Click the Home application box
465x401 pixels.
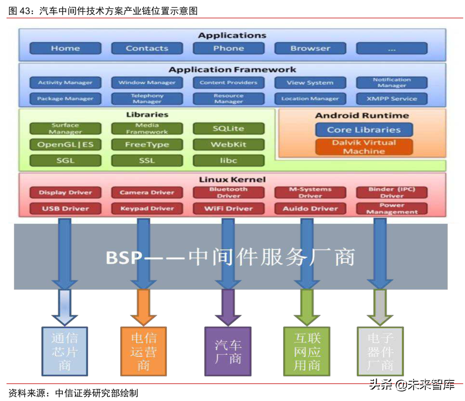tap(65, 48)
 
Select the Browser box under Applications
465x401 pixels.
tap(310, 48)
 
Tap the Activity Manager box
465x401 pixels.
tap(65, 83)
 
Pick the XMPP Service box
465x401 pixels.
tap(392, 99)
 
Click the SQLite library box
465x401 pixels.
tap(228, 128)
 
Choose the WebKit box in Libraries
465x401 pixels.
tap(228, 144)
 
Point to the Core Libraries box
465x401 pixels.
tap(364, 130)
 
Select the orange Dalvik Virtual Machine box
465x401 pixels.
tap(364, 147)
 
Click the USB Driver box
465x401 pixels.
tap(65, 209)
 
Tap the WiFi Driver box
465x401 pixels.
tap(228, 209)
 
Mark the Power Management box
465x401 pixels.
tap(392, 209)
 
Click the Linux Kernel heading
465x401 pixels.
tap(232, 180)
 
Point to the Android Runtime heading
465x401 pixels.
tap(362, 115)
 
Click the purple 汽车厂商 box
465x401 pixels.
tap(228, 351)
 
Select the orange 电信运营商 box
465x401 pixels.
tap(144, 351)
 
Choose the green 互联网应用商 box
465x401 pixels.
tap(307, 351)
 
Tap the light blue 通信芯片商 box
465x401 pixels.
tap(65, 351)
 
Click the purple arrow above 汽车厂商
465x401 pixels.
tap(228, 306)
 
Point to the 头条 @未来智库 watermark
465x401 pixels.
tap(412, 385)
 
